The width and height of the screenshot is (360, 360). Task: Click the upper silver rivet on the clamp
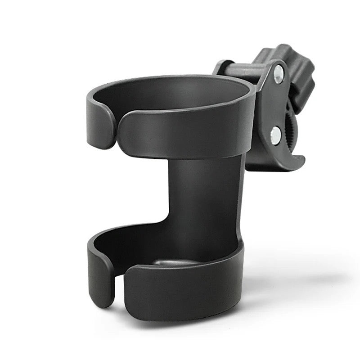point(279,74)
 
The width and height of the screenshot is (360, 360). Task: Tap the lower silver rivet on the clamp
point(275,135)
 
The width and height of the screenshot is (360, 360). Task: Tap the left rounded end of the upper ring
point(101,124)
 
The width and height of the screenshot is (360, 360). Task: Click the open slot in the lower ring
point(119,288)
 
